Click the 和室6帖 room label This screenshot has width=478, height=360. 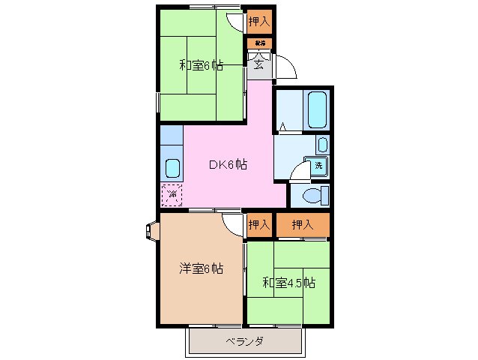201,65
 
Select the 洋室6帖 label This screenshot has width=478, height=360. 201,268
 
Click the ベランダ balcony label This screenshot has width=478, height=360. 244,342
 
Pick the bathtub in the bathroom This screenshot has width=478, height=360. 316,111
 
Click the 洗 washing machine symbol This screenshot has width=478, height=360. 318,166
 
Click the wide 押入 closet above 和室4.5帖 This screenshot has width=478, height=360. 302,223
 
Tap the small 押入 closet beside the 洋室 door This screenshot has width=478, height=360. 258,223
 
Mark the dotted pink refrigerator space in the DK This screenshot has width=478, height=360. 172,195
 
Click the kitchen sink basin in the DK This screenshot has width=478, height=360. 172,167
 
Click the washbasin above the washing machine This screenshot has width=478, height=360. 321,144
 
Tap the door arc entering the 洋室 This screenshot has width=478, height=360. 233,223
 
